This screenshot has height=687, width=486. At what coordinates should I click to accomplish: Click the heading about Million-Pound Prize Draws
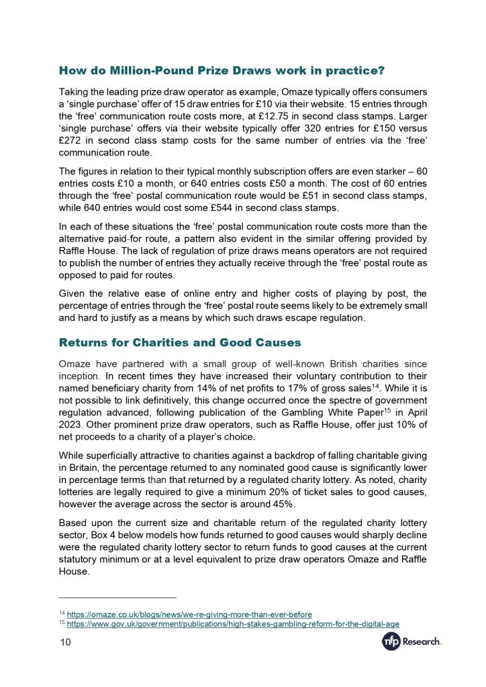[222, 70]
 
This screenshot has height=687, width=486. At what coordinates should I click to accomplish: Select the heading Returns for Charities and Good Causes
[180, 343]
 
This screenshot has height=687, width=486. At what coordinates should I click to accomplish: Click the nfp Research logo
[411, 642]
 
